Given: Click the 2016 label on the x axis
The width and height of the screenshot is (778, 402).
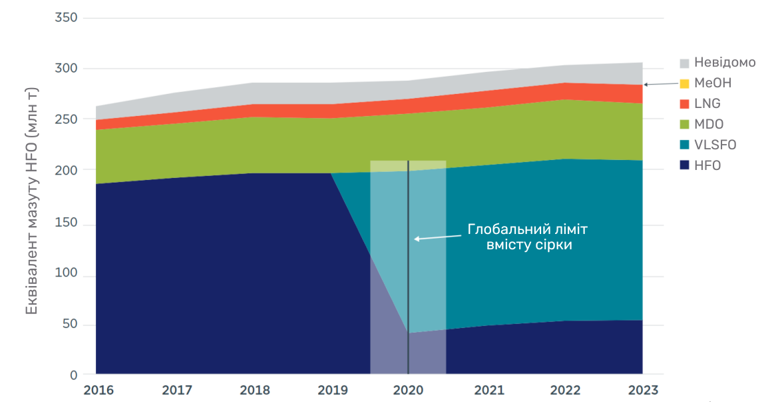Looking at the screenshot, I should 98,390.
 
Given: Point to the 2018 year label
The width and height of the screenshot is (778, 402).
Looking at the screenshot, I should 254,390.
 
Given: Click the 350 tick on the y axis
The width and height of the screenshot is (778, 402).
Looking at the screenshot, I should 66,17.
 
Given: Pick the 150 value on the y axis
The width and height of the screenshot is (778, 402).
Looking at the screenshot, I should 66,221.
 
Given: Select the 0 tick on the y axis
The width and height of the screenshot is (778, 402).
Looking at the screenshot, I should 73,375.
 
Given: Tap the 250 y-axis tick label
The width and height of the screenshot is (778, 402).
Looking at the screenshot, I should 66,119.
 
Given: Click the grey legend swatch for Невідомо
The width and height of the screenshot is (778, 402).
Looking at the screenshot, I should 684,63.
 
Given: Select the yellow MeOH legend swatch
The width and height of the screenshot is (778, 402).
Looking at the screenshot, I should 684,84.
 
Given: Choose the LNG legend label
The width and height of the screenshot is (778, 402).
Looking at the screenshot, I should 707,104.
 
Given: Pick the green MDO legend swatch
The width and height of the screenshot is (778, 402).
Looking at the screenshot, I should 684,124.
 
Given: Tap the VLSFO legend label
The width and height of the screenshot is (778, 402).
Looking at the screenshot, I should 715,145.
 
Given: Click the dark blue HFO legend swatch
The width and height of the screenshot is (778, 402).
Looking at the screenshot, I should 684,165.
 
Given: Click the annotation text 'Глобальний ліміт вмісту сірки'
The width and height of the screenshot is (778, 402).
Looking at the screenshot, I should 528,237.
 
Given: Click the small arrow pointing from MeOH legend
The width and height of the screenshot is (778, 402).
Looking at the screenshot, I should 659,83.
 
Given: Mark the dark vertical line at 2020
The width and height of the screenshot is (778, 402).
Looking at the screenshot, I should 408,300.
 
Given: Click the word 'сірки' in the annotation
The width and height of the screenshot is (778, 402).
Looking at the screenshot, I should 554,245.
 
